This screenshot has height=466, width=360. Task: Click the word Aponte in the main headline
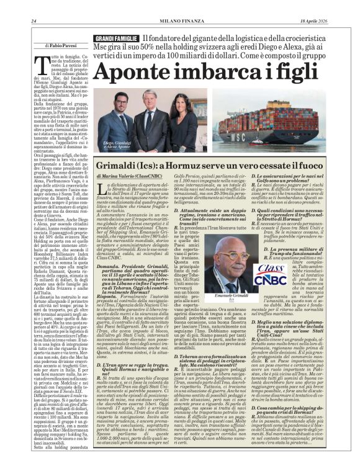click(133, 73)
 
